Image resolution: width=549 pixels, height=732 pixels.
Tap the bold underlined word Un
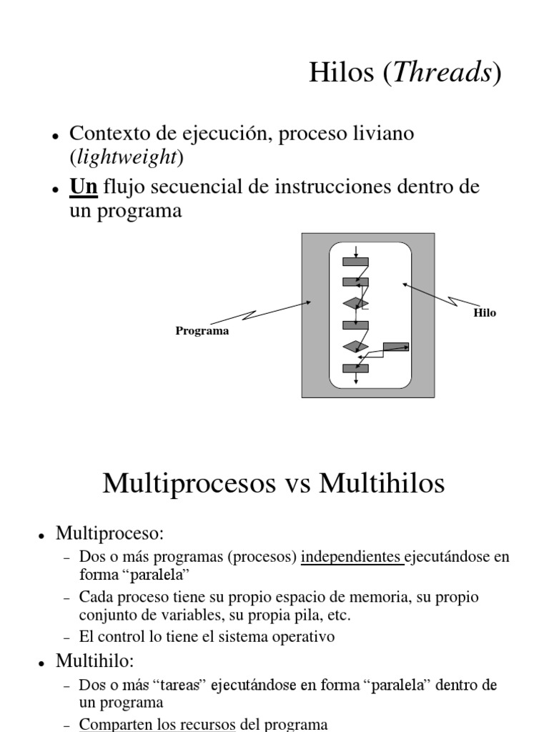click(83, 187)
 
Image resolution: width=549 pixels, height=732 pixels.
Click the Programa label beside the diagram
click(202, 332)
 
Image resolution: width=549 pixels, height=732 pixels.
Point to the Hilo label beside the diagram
click(485, 313)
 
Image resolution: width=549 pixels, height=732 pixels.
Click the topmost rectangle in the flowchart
click(355, 262)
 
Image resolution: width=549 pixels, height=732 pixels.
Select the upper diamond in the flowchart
click(355, 304)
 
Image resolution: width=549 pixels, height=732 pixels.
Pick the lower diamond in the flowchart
click(355, 347)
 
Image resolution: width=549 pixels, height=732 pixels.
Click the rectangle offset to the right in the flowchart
click(396, 347)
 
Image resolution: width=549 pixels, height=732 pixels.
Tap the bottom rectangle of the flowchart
click(355, 368)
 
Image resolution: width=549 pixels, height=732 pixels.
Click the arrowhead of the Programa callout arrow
click(309, 302)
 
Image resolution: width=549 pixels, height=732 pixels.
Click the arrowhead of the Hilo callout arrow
click(405, 285)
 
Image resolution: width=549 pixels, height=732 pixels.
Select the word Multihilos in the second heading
click(382, 483)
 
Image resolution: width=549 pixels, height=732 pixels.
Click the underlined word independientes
click(352, 558)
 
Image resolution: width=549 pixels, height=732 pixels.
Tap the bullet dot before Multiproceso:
click(43, 535)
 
